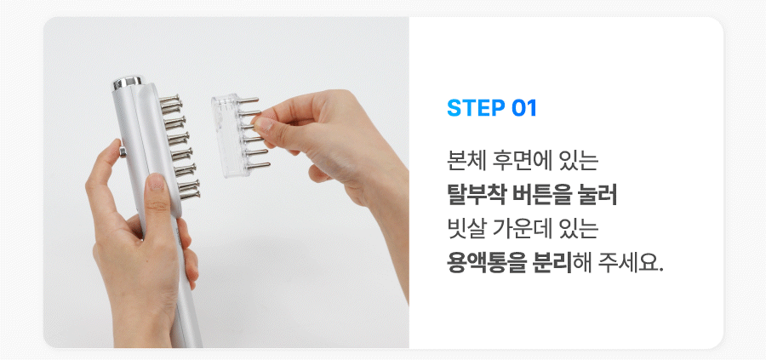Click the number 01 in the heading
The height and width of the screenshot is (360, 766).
point(524,108)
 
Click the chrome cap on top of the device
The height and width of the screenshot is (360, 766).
point(128,83)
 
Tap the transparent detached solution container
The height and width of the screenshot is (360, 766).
point(225,135)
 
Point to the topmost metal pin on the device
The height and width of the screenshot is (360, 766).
point(170,99)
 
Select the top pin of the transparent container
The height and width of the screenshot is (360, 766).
point(248,100)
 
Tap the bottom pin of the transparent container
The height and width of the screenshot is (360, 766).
point(259,166)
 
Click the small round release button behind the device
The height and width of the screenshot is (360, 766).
point(122,151)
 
